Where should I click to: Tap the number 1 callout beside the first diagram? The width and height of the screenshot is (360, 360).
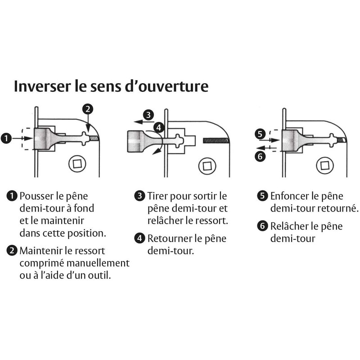click(6, 139)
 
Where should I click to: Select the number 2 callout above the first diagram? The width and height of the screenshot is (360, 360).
click(88, 108)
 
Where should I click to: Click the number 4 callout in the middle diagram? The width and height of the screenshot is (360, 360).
click(158, 127)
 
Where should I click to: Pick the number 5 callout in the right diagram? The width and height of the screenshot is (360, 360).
click(259, 133)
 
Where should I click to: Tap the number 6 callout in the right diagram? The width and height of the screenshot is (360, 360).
click(259, 156)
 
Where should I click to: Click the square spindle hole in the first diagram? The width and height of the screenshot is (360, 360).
click(76, 164)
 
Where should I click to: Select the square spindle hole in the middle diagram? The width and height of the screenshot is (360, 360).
click(207, 165)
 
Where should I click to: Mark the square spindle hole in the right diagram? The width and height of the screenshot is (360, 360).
click(325, 165)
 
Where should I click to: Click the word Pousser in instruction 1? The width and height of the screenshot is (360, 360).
click(36, 196)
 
